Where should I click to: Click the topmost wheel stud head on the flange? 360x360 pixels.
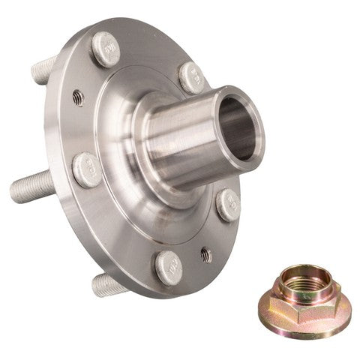tap(105, 49)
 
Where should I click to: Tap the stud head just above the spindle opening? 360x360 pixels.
tap(192, 77)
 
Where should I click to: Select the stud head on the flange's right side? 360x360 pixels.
tap(228, 203)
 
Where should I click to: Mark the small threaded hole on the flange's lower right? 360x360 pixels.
tap(205, 255)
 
